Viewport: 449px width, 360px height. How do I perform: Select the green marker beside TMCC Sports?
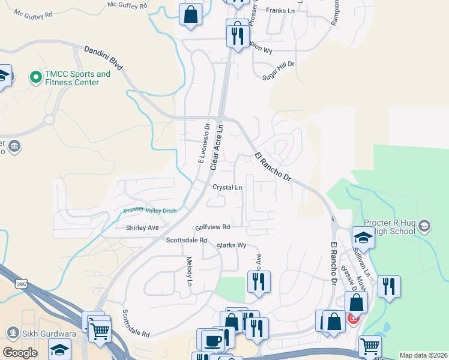(35, 77)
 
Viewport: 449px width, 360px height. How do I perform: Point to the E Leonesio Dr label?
(202, 143)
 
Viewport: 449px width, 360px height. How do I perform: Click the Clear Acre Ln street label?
(217, 146)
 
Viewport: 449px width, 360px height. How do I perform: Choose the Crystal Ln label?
(228, 187)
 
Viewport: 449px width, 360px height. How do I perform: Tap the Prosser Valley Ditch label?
(151, 210)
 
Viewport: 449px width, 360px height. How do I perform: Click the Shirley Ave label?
(142, 228)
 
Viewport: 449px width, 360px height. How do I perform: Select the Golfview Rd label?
(213, 227)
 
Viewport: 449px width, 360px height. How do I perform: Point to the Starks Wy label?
(232, 245)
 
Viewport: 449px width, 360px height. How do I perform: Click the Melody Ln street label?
(190, 271)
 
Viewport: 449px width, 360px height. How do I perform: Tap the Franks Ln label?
(281, 11)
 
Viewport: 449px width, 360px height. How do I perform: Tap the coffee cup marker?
(211, 340)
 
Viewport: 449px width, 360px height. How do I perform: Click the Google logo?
(20, 353)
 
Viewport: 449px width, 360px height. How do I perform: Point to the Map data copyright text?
(424, 355)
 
